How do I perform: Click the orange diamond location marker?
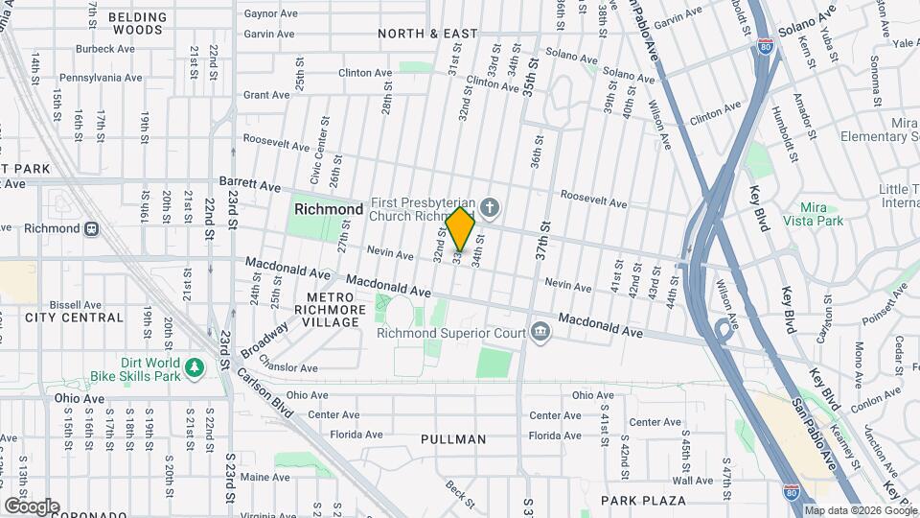(461, 229)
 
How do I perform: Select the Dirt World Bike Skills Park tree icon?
(195, 367)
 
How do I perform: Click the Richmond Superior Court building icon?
(540, 333)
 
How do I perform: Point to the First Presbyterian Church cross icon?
(490, 207)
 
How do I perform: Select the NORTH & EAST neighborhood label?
(427, 34)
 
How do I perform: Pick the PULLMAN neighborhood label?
(453, 439)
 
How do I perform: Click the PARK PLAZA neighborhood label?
(643, 501)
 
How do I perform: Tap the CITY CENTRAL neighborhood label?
(75, 318)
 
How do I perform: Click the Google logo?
(32, 506)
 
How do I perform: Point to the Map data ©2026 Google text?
(860, 510)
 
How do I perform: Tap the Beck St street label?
(460, 494)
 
